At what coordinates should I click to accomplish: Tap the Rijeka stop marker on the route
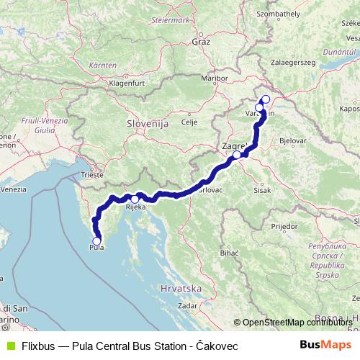click(135, 199)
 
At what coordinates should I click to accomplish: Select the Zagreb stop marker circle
click(237, 155)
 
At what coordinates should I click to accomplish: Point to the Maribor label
click(214, 77)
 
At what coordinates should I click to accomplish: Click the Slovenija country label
click(147, 124)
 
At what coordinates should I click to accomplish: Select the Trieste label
click(92, 175)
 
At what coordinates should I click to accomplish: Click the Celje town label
click(189, 122)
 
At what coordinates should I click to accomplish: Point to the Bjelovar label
click(292, 141)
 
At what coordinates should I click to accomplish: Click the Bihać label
click(229, 254)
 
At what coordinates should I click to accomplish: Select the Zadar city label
click(187, 305)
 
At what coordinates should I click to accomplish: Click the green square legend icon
click(10, 346)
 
